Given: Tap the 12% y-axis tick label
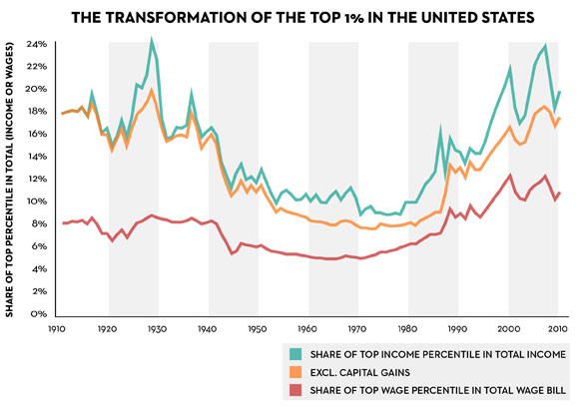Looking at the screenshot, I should pos(39,180).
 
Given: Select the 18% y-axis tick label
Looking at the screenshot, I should pos(39,112).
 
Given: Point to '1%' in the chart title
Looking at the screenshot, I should pos(350,17).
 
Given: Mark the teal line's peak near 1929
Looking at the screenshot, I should pos(152,40).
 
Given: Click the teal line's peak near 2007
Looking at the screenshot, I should pos(545,46).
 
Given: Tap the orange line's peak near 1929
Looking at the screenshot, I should pos(152,90).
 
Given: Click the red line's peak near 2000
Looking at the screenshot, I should pos(510,176).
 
